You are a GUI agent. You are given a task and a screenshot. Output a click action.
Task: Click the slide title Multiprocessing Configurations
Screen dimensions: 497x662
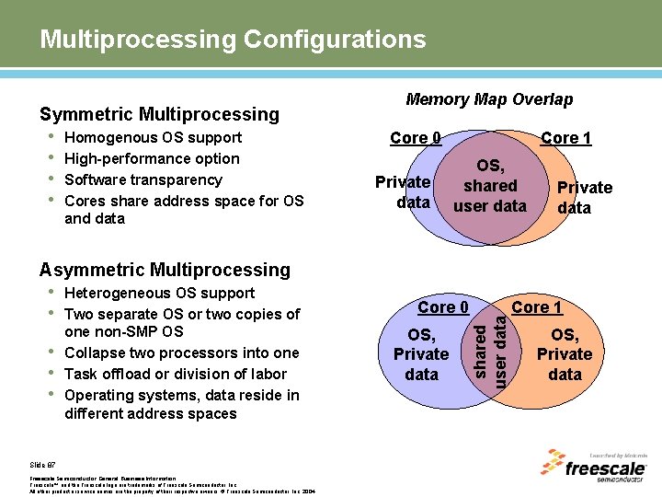pos(233,40)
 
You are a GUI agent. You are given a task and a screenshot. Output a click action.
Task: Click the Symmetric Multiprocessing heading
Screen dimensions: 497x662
pos(159,114)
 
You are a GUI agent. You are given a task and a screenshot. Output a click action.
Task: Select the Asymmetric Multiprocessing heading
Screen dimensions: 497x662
pos(165,270)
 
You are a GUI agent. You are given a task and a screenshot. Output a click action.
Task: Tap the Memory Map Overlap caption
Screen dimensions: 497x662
pos(489,99)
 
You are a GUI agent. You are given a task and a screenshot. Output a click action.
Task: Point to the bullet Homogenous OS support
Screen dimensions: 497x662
pos(154,138)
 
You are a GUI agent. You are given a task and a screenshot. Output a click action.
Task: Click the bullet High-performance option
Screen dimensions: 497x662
pos(153,159)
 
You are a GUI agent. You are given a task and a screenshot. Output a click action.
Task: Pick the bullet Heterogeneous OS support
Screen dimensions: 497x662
pos(160,294)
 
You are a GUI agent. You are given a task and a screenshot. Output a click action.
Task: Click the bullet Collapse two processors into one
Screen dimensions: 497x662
pos(182,353)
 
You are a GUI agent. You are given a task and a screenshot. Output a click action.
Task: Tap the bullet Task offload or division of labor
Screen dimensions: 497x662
pos(176,375)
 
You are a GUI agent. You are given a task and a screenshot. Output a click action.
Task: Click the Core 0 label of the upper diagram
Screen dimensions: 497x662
pos(416,138)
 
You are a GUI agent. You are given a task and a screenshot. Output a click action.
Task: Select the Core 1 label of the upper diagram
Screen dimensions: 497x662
pos(565,138)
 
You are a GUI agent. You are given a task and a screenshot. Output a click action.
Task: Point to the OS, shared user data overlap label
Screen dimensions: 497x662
pos(490,185)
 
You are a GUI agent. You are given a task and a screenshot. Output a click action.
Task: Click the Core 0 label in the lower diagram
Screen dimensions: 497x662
pos(443,306)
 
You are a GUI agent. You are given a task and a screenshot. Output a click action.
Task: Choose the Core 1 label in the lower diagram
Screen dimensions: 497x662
pos(537,306)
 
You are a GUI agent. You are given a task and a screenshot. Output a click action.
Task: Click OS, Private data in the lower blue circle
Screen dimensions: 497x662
pos(421,354)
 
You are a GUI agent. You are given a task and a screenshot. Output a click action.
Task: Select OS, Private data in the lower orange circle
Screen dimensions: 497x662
pos(565,354)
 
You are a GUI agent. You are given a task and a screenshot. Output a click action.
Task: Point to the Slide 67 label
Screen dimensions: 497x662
pos(43,466)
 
